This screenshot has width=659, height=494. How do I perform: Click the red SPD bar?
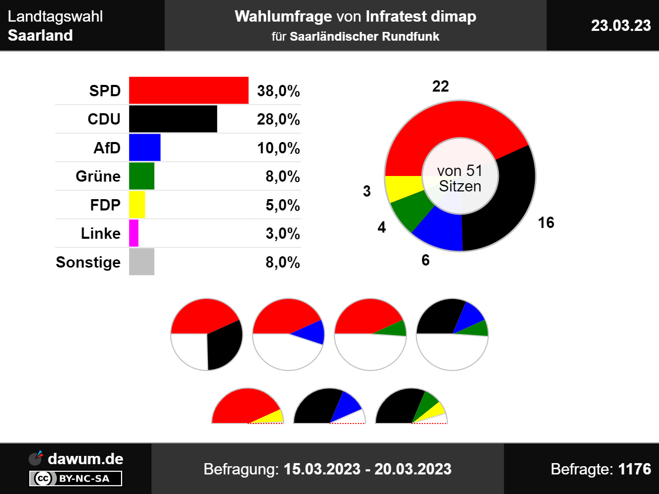(188, 91)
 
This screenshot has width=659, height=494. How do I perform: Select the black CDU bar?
(173, 119)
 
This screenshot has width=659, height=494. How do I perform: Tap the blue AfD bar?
(145, 148)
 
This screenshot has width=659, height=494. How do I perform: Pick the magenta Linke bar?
(134, 233)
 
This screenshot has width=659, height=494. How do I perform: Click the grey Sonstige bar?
(142, 262)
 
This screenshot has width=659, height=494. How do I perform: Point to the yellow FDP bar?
(137, 205)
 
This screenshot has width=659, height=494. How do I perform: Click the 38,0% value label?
(279, 91)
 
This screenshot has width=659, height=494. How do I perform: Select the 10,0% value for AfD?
(279, 148)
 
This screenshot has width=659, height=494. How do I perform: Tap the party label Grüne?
(98, 177)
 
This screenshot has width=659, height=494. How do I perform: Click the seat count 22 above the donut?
(441, 86)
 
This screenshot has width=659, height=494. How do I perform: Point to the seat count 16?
(546, 223)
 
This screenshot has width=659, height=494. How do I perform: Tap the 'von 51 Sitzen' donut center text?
(460, 178)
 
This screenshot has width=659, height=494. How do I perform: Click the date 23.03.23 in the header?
(621, 26)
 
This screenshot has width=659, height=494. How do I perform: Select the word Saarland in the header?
(40, 36)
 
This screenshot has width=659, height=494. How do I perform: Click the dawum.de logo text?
(85, 458)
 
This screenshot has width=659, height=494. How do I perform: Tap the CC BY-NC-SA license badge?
(76, 479)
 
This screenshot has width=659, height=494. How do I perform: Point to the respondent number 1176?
(635, 469)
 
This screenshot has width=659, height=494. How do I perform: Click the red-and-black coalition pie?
(206, 334)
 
